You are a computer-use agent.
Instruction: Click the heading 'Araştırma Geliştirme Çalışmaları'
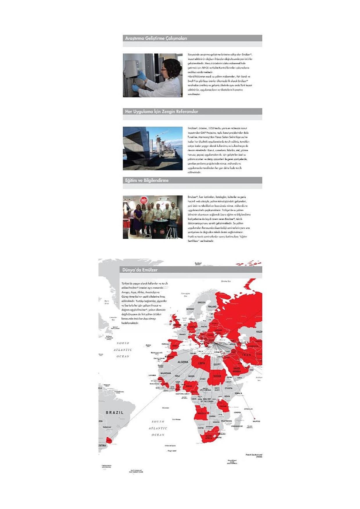click(x=156, y=38)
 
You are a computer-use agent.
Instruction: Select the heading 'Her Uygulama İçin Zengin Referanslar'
click(x=162, y=111)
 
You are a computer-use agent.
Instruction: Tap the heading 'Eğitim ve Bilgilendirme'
click(x=147, y=180)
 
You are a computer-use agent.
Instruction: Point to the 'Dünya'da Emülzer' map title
click(x=140, y=270)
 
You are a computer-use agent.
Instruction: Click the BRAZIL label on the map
click(x=114, y=412)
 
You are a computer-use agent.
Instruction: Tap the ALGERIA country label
click(x=183, y=362)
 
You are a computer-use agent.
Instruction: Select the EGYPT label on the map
click(x=217, y=364)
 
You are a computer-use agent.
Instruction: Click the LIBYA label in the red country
click(x=202, y=363)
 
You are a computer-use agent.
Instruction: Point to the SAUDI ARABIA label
click(x=237, y=370)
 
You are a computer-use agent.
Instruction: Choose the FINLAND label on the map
click(x=212, y=307)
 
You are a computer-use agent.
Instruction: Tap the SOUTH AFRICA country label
click(x=209, y=437)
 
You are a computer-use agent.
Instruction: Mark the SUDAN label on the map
click(x=217, y=376)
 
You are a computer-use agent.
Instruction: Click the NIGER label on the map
click(x=191, y=376)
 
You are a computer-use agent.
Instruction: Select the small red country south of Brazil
click(x=109, y=440)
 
